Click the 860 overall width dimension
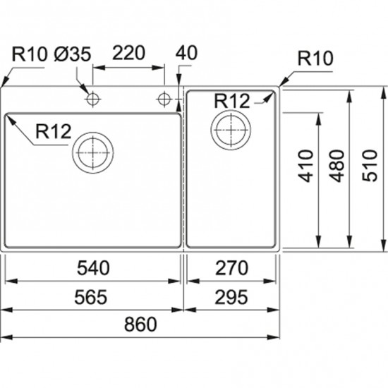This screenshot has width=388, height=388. point(140,325)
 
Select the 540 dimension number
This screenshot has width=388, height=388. point(93,268)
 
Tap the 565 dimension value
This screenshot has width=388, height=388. point(91,297)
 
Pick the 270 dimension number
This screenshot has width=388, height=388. point(231,268)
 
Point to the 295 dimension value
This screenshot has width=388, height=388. point(231,297)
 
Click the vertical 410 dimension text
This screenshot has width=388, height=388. point(305,166)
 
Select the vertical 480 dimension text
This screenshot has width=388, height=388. point(337,166)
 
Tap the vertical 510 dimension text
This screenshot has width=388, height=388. point(370,166)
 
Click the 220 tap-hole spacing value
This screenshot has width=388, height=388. point(128,53)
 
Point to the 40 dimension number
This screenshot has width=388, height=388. point(186,53)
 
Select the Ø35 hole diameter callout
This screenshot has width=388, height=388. point(72,54)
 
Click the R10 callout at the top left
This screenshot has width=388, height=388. point(29,54)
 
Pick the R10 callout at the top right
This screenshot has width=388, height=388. point(315,58)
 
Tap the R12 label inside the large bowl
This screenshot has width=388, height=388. point(54,131)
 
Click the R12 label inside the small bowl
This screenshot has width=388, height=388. point(232,101)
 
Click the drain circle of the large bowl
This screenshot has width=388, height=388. point(93,132)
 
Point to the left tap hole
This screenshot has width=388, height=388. point(92,99)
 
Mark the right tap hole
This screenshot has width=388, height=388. point(164,99)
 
